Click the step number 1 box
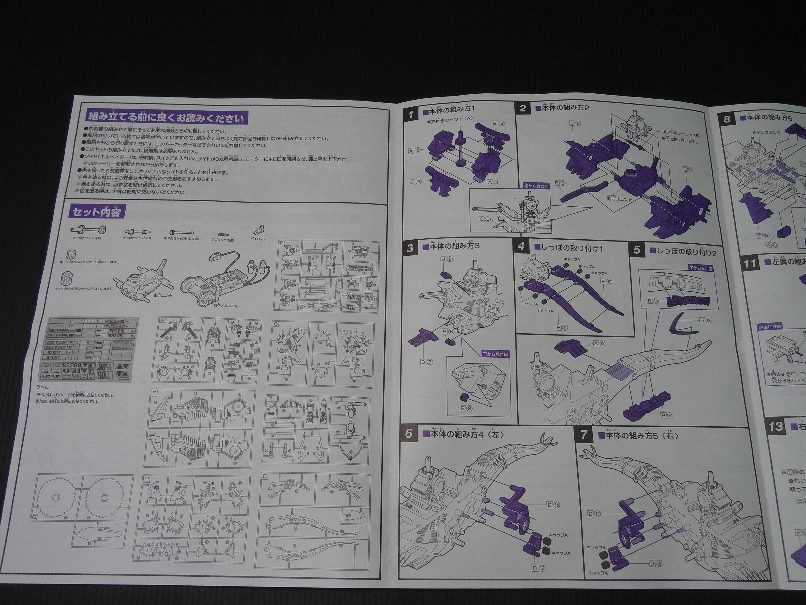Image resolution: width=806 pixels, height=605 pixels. click(411, 115)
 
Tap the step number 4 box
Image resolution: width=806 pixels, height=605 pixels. click(521, 246)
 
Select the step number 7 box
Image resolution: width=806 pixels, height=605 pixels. click(584, 434)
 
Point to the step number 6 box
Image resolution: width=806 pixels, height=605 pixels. click(409, 433)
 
